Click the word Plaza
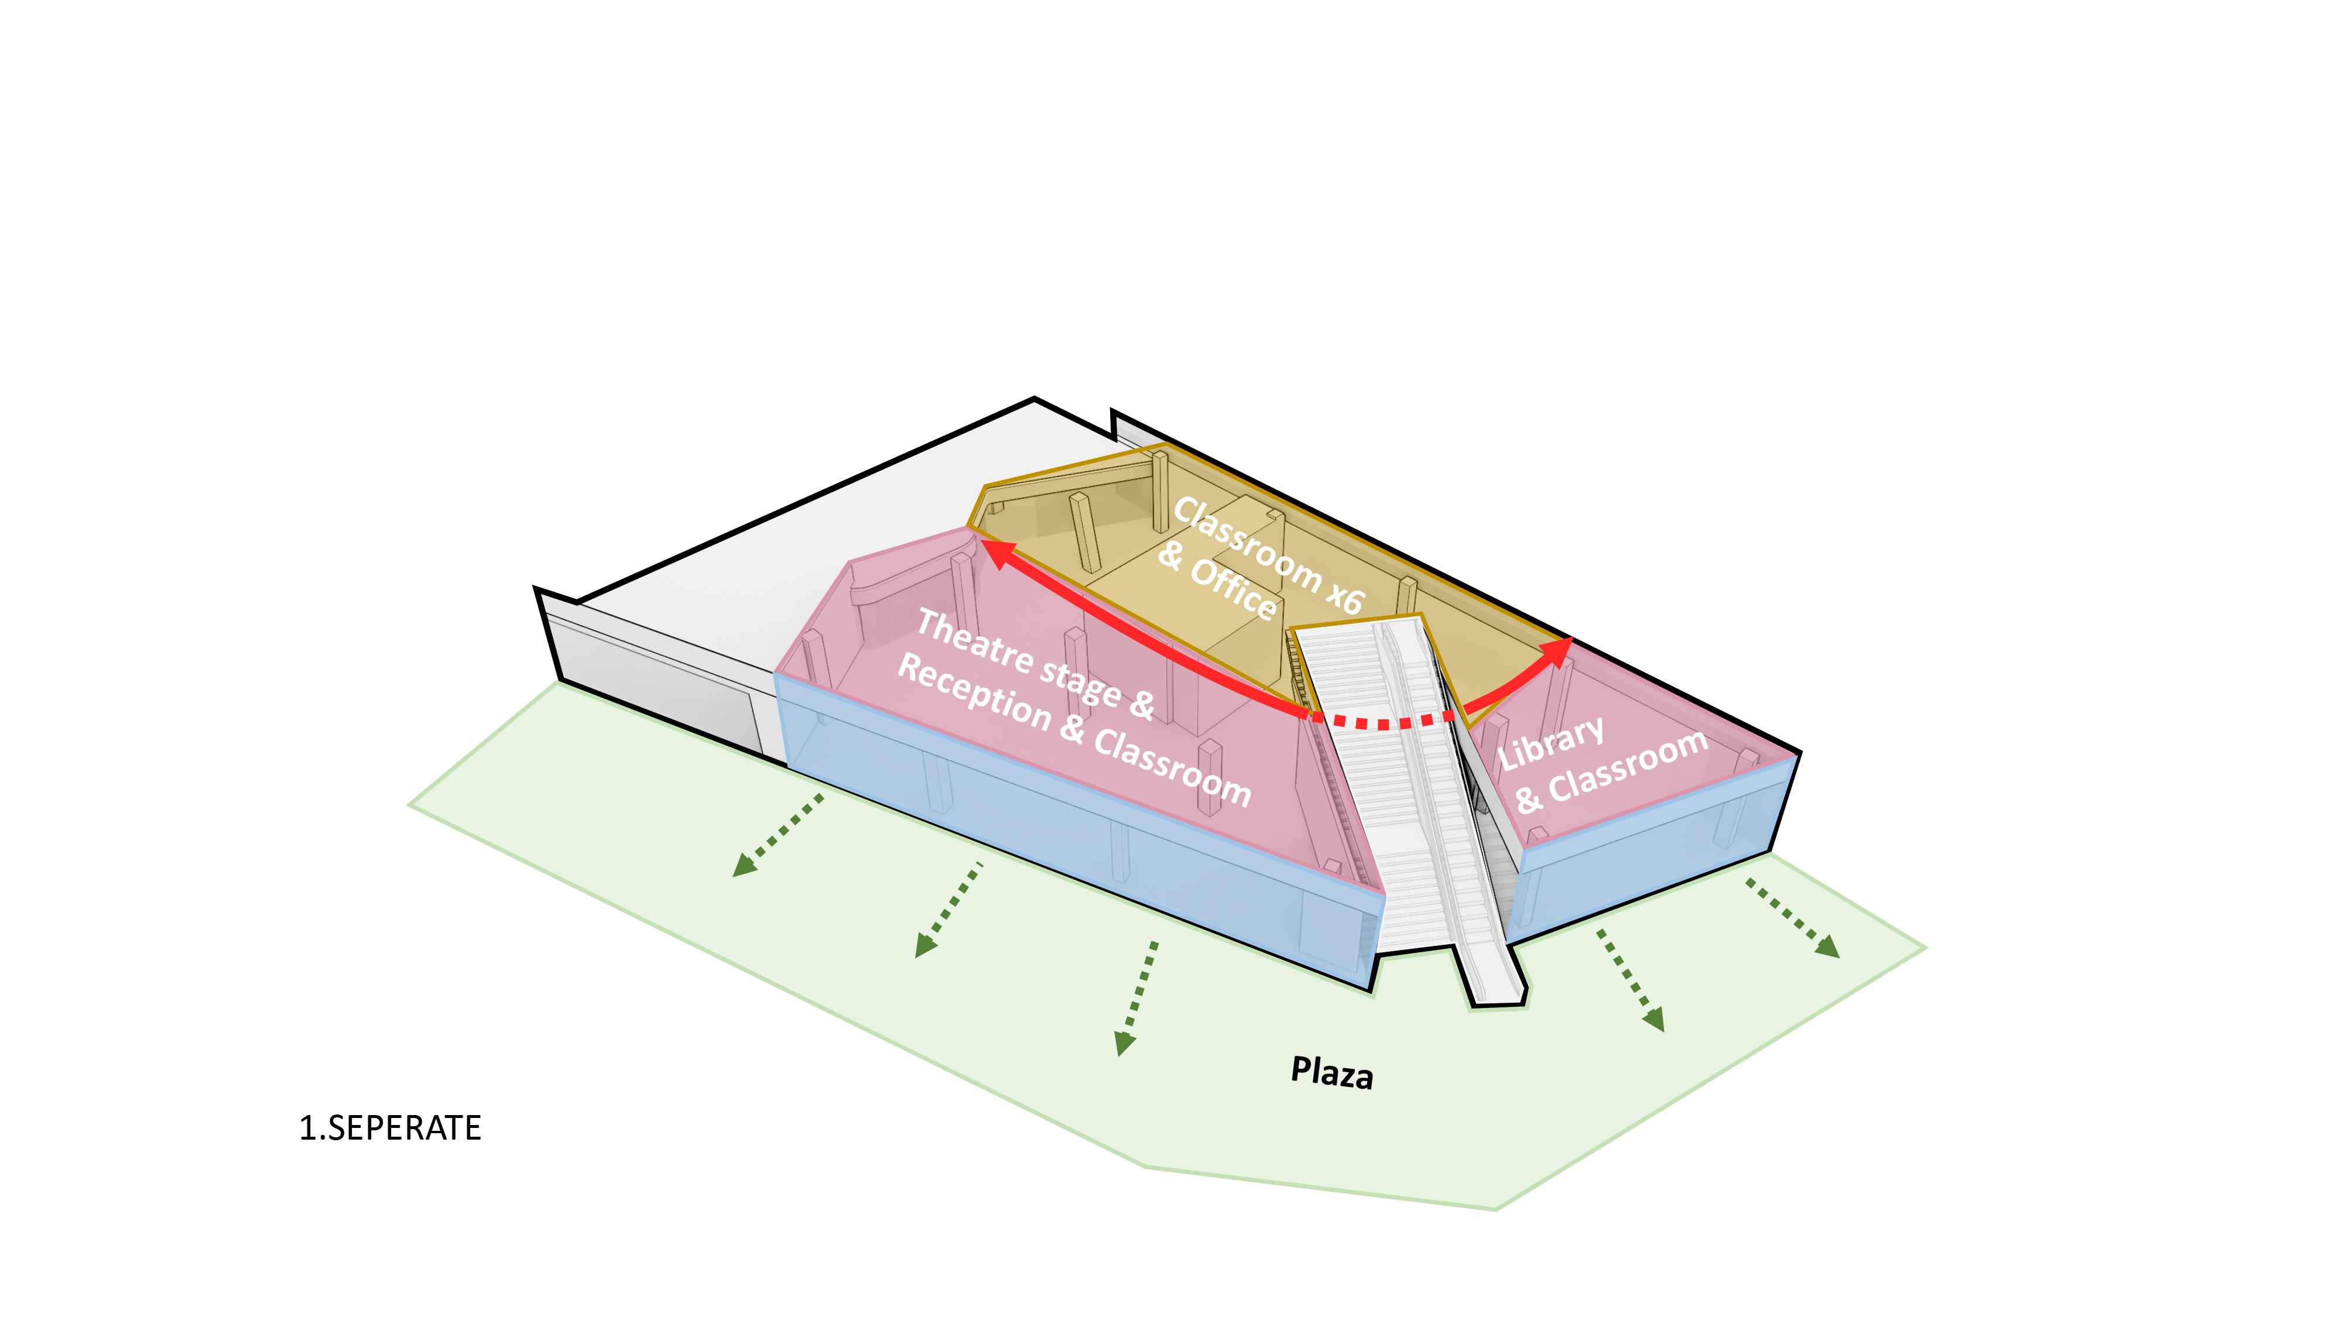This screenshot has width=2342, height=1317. (1332, 1072)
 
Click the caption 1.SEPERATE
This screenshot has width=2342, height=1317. (390, 1128)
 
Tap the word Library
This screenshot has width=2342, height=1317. (1550, 743)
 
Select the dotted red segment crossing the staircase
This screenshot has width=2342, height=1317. (1382, 723)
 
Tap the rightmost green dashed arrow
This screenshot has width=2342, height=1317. (1793, 918)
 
